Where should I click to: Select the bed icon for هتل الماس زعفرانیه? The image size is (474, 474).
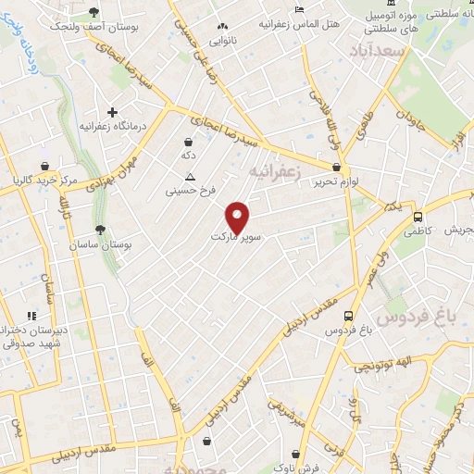coord(297,10)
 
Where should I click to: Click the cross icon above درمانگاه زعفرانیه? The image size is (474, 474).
coord(112,112)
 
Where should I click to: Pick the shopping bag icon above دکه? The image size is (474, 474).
coord(189,143)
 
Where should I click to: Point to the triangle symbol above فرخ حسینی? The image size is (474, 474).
coord(191,177)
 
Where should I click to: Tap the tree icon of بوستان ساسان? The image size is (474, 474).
coord(100,231)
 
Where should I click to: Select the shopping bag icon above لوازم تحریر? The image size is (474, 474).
coord(335,168)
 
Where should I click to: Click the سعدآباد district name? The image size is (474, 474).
coord(375,49)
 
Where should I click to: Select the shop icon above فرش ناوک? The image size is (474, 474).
coord(295,454)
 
